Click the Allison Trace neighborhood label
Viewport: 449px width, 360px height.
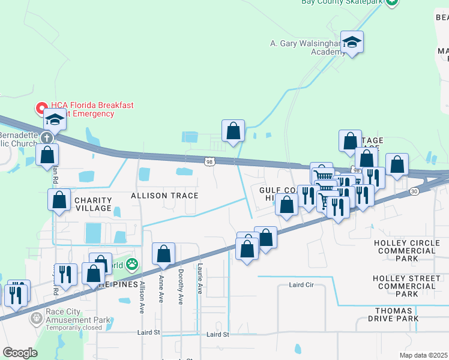(164, 196)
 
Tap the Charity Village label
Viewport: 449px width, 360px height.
(94, 204)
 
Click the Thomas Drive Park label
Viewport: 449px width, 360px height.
(402, 315)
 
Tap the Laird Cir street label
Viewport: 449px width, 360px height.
(301, 284)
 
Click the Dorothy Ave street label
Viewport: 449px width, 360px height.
(180, 287)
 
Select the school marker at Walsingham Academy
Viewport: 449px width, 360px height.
(353, 43)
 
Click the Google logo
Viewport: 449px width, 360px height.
(20, 352)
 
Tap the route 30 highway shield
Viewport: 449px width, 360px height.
(414, 191)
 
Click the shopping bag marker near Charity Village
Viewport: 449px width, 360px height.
(59, 200)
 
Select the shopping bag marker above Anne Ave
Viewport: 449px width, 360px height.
(164, 254)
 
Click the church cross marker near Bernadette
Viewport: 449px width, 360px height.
(47, 137)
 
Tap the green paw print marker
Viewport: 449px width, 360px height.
(132, 263)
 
